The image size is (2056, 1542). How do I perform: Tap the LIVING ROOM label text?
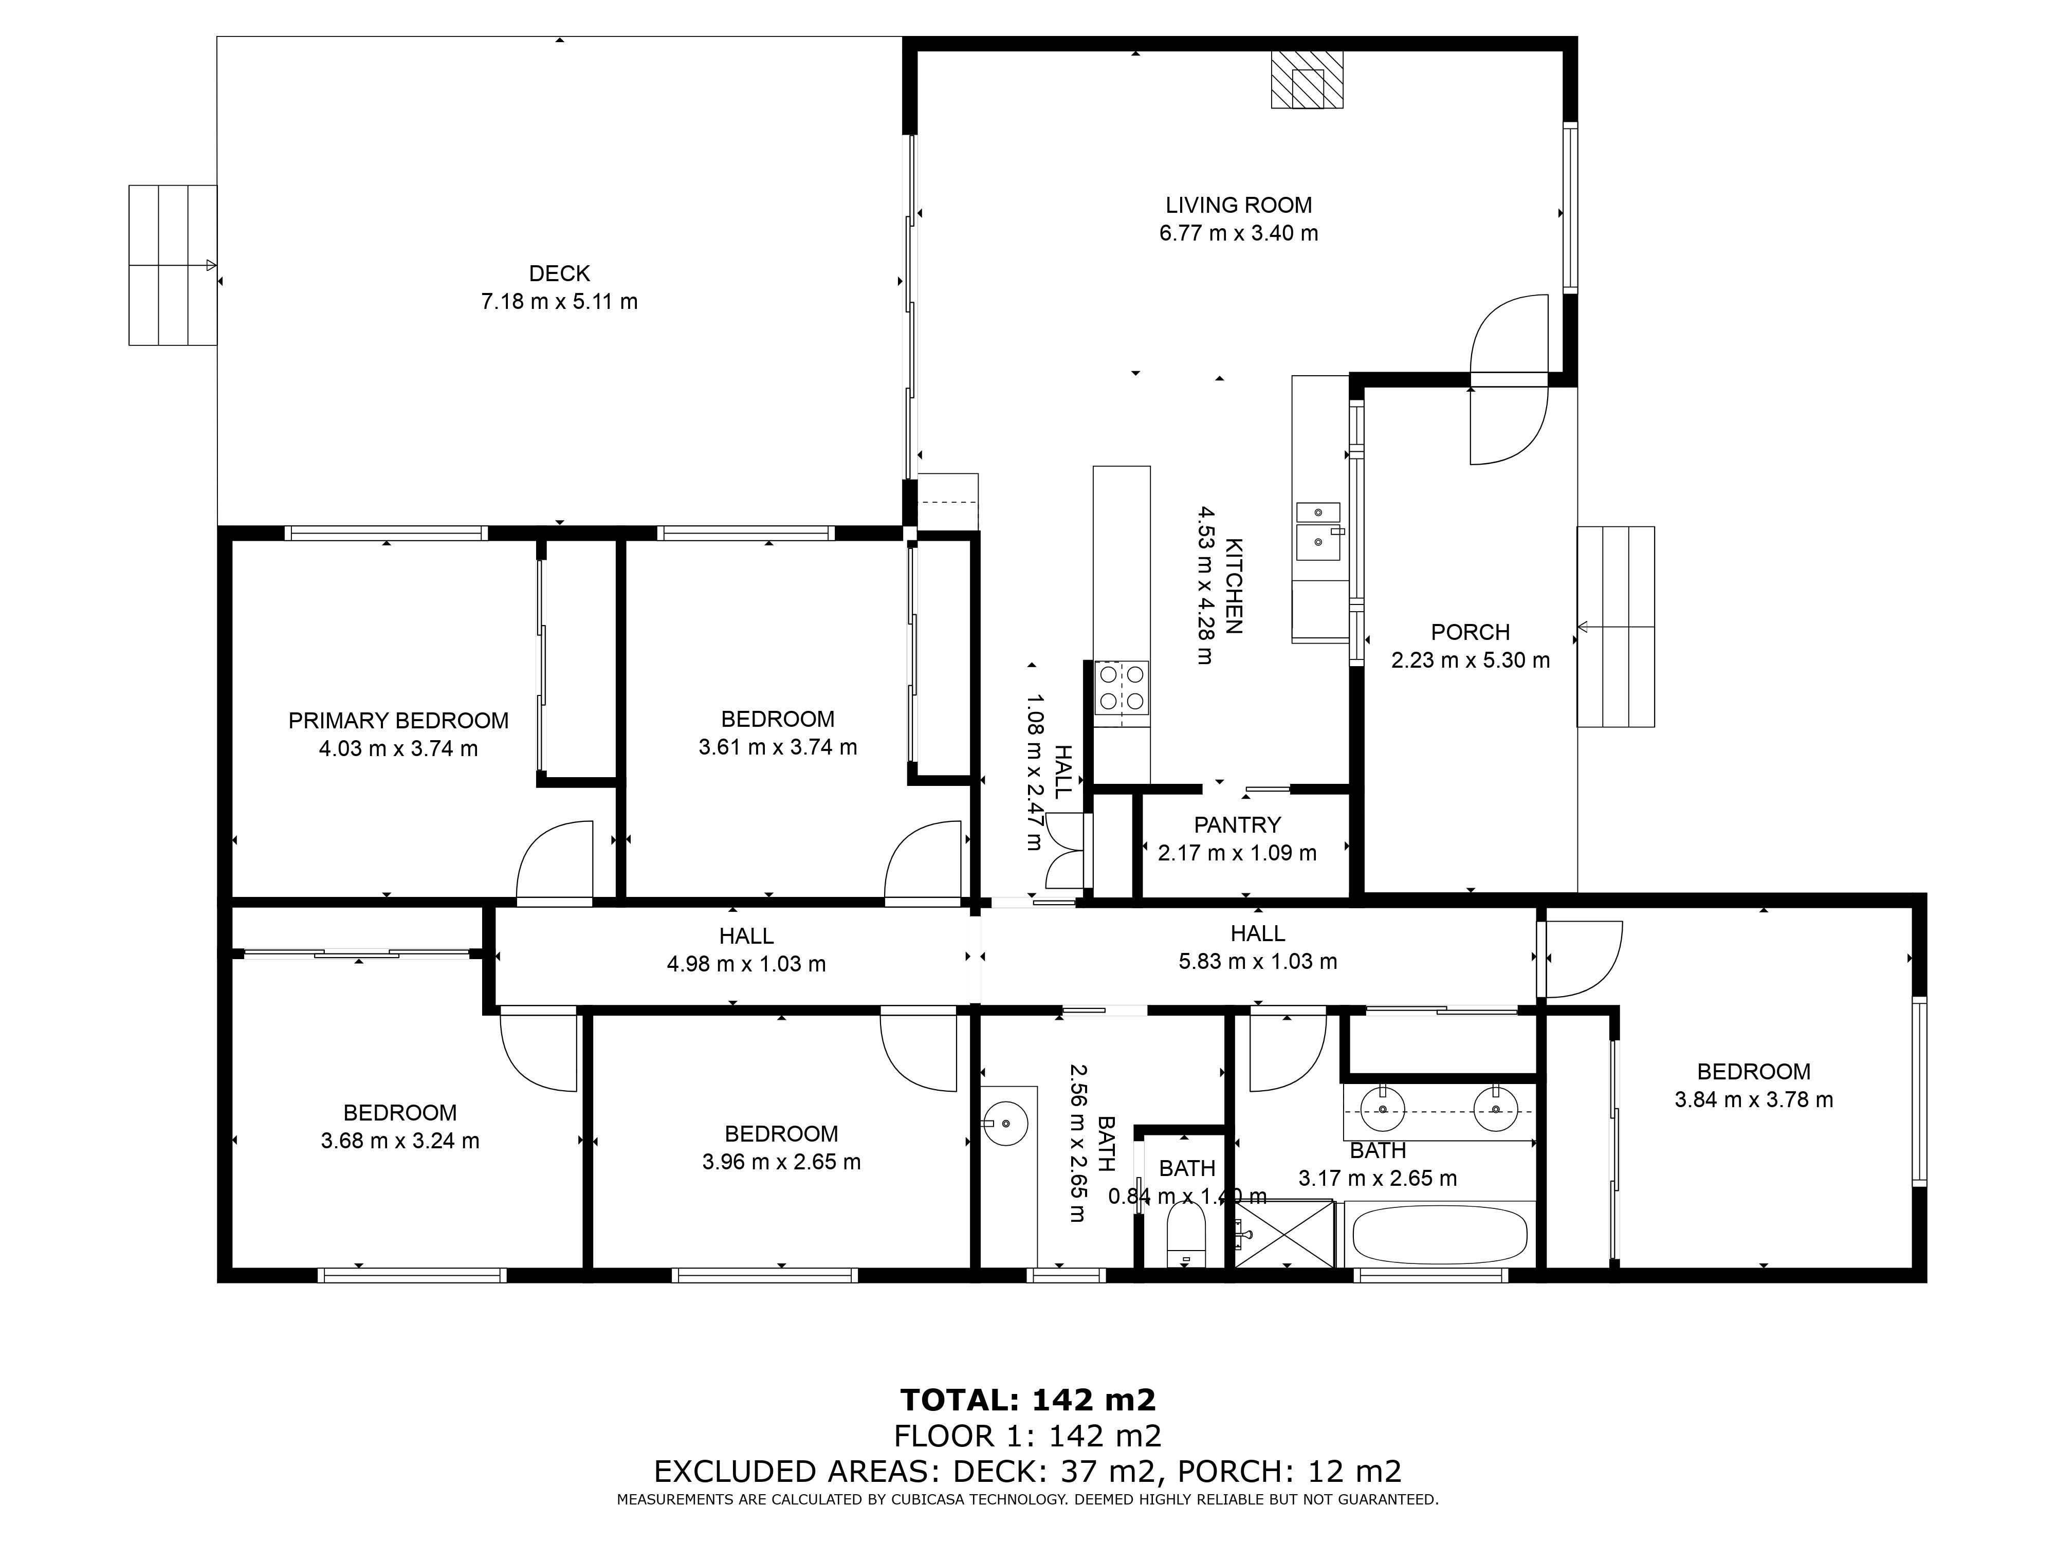[1238, 206]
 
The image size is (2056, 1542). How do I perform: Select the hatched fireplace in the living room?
[1307, 79]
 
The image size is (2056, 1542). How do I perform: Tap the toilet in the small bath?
[1185, 1236]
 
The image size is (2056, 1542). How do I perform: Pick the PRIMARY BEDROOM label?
[399, 720]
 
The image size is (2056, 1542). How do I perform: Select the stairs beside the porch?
[1616, 627]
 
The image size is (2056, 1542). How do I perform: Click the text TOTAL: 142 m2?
[1028, 1399]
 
